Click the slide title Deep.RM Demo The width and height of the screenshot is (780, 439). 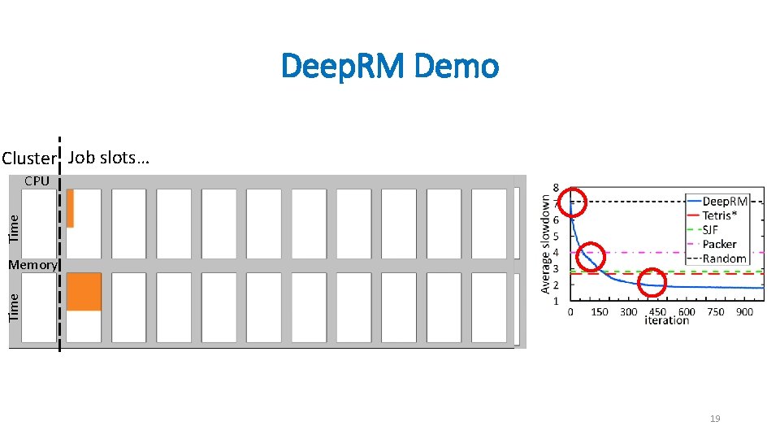tap(390, 67)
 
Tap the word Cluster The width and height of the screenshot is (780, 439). tap(30, 158)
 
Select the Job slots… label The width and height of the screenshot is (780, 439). tap(109, 157)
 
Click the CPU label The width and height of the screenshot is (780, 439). tap(37, 181)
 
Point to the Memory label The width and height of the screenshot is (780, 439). tap(32, 265)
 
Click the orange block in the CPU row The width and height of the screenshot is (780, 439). tap(71, 208)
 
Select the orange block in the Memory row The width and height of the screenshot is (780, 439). tap(84, 292)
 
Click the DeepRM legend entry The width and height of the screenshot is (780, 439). tap(724, 201)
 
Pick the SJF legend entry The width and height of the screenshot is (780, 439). tap(713, 229)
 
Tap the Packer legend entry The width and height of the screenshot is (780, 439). tap(719, 244)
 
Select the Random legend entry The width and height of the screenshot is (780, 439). tap(723, 259)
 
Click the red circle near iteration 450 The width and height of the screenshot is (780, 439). tap(652, 284)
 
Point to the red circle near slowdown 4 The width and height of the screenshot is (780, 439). tap(591, 256)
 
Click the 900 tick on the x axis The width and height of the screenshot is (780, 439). tap(745, 312)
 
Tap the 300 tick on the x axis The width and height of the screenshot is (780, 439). tap(628, 312)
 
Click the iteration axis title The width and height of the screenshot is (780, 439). tap(666, 321)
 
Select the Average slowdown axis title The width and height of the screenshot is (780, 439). tap(545, 244)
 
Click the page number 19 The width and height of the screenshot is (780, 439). tap(715, 419)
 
